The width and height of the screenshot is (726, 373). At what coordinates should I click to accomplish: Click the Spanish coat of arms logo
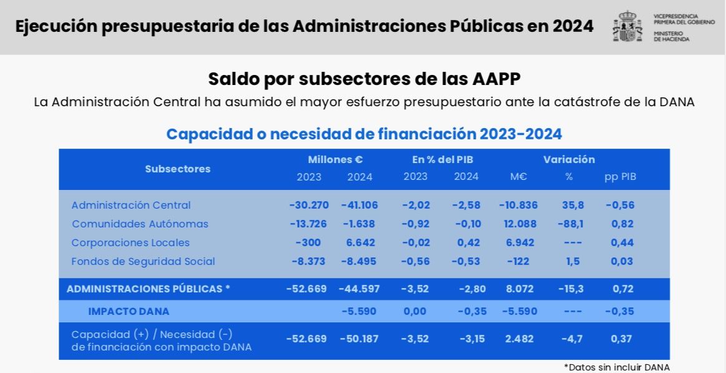[x=627, y=26]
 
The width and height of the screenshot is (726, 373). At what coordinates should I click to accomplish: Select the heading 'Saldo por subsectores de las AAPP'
[x=364, y=79]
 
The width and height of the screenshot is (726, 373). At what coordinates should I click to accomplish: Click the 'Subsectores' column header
[x=178, y=169]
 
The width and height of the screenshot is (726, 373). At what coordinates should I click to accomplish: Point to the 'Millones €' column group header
[x=335, y=159]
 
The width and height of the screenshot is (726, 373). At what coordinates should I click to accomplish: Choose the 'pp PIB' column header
[x=620, y=177]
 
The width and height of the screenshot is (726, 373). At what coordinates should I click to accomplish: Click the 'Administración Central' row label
[x=131, y=205]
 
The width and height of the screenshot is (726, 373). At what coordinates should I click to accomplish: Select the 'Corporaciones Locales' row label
[x=130, y=242]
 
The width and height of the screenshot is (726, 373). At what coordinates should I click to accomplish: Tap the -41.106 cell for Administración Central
[x=359, y=205]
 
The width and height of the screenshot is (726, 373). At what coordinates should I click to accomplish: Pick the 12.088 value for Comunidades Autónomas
[x=519, y=224]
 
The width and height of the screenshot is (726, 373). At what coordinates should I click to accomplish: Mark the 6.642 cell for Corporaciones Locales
[x=359, y=242]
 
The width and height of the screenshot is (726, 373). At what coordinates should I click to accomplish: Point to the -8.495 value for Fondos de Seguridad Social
[x=359, y=261]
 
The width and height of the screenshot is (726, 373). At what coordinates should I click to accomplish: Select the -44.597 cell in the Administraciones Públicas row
[x=359, y=289]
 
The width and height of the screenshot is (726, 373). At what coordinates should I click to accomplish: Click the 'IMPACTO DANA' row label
[x=129, y=311]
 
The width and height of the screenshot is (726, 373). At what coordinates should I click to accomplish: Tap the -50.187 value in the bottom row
[x=359, y=339]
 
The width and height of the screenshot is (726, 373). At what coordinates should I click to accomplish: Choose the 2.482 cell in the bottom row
[x=519, y=339]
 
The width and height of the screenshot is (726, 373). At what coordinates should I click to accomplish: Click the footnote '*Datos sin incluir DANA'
[x=616, y=367]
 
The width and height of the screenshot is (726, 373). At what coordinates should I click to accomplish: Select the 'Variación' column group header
[x=569, y=159]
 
